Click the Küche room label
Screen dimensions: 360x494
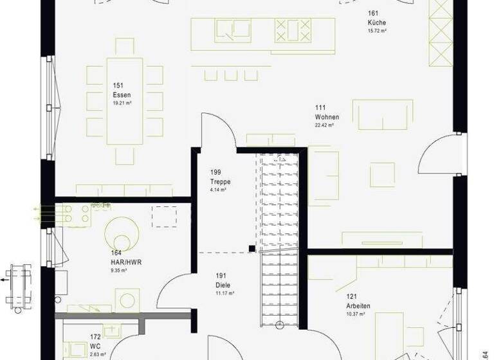377,22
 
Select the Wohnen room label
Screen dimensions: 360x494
327,117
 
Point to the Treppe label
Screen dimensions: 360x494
220,182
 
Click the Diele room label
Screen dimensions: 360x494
223,285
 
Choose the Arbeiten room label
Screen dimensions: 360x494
358,305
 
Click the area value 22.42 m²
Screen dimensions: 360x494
324,125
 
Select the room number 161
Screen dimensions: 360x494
373,13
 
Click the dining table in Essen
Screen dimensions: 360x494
125,102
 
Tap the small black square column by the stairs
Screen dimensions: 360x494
252,248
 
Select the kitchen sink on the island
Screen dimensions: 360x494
233,30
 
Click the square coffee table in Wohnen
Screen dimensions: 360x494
382,174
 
